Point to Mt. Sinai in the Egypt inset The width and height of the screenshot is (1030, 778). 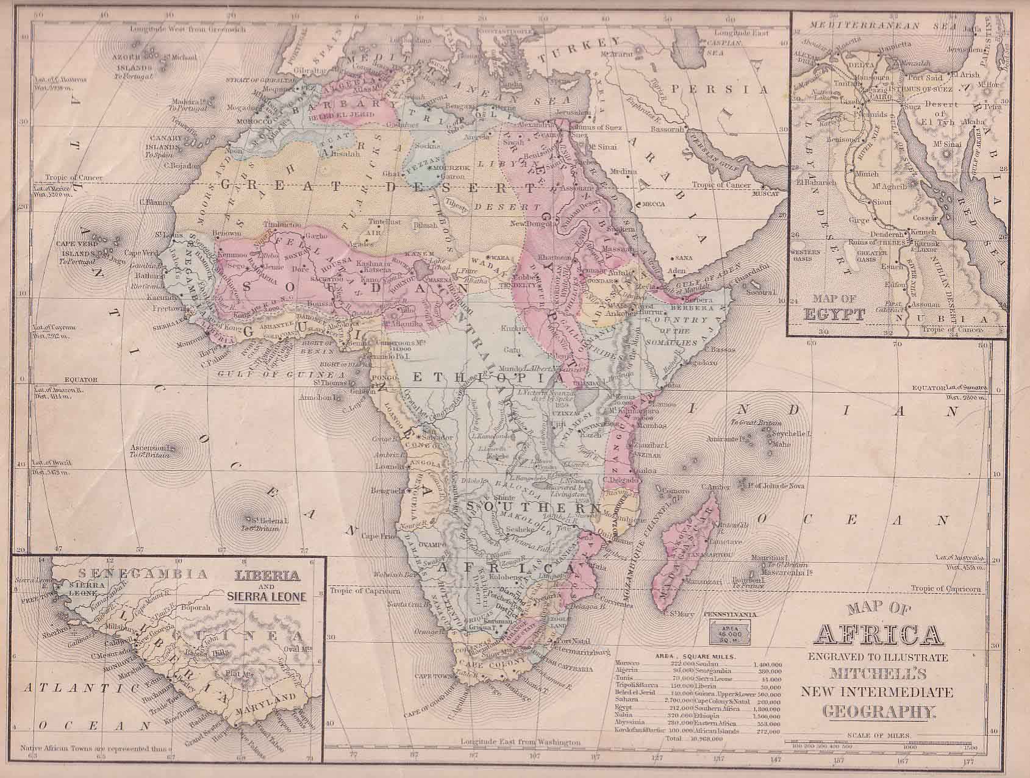(943, 143)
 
